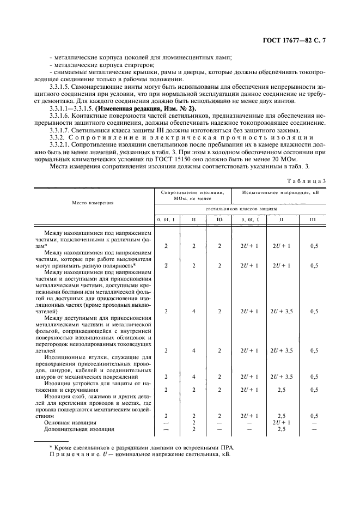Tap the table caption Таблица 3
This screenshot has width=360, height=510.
tap(309, 180)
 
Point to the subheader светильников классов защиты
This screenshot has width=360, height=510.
tap(241, 209)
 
